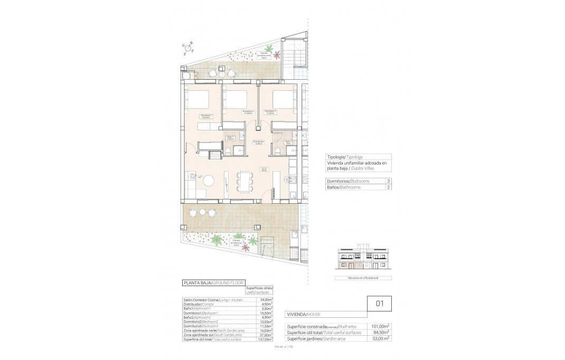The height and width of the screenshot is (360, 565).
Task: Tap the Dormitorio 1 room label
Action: coord(206,116)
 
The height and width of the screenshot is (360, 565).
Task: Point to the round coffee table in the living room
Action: coord(210,181)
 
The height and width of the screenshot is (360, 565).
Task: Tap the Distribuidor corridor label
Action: coord(258,143)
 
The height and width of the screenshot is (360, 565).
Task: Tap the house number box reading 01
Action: coord(379,304)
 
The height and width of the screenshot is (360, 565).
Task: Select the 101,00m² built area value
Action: coord(380,326)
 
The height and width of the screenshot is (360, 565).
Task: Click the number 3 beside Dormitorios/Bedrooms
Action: coord(389,181)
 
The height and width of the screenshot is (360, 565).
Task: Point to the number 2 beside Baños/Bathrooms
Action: coord(389,187)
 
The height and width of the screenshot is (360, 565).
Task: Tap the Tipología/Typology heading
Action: coord(345,157)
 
